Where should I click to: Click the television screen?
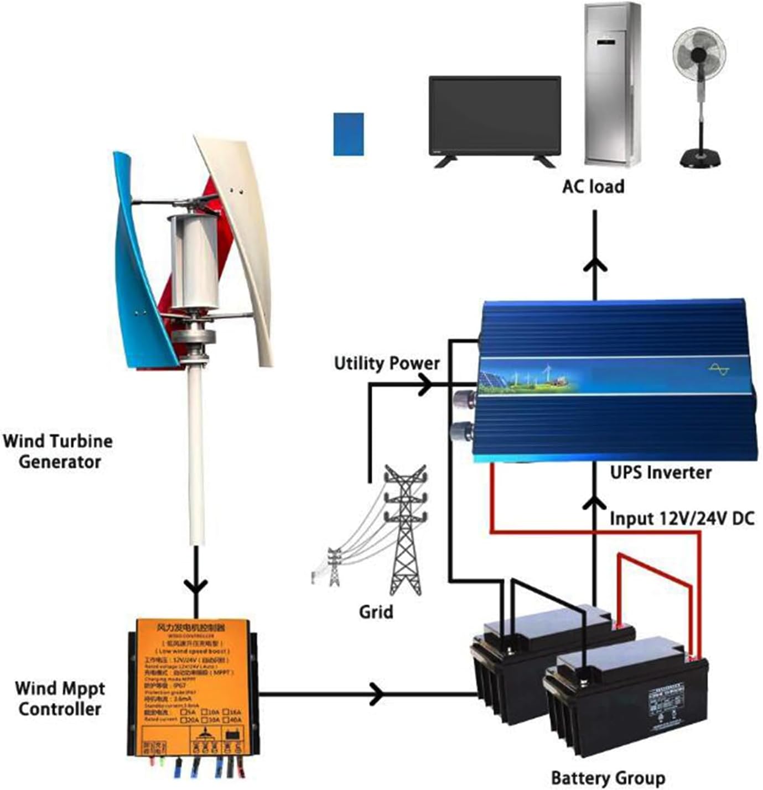click(x=495, y=116)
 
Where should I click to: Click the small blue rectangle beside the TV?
click(x=349, y=134)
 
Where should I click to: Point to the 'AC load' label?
click(x=593, y=186)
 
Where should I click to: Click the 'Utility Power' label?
click(x=387, y=363)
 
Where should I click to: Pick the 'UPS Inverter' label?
click(x=661, y=472)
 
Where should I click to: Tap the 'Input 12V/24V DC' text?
click(x=682, y=519)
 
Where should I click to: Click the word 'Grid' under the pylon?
click(x=376, y=611)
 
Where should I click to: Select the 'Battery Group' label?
click(x=608, y=778)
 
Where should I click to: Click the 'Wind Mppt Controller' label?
click(x=60, y=698)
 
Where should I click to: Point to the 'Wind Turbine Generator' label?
click(x=58, y=451)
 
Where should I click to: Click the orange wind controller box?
click(x=192, y=686)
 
